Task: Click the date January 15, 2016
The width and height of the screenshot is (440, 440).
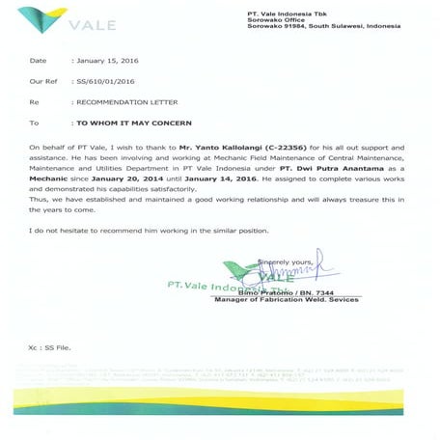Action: (x=107, y=61)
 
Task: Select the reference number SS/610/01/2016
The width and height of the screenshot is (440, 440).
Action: (x=107, y=81)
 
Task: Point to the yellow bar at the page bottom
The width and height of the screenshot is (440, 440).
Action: (x=220, y=386)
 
